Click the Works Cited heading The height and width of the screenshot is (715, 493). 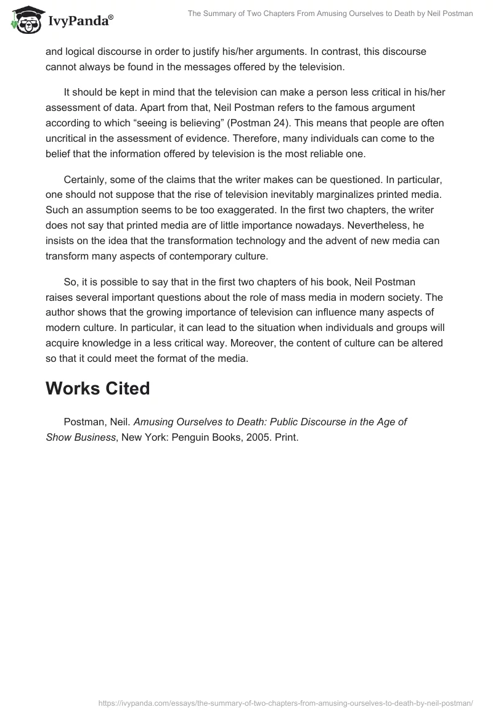(97, 388)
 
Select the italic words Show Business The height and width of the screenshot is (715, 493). (81, 438)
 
